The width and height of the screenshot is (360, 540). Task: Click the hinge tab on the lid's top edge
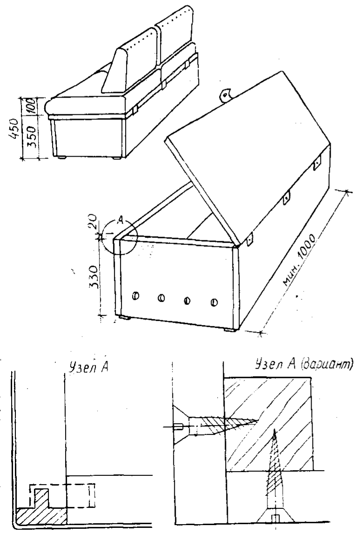tap(227, 95)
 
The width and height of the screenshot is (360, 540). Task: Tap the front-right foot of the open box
tap(230, 330)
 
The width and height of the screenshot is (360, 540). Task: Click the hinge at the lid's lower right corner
tap(250, 239)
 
